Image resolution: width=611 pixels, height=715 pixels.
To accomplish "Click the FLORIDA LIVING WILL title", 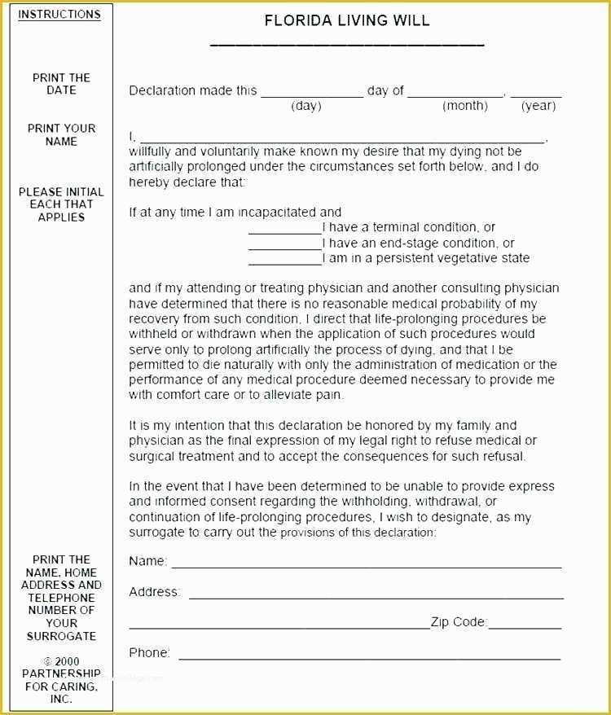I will tap(347, 21).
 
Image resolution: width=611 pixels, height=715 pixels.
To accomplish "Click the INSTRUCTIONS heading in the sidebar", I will tap(59, 15).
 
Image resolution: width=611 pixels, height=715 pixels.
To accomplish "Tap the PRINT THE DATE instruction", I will tap(61, 84).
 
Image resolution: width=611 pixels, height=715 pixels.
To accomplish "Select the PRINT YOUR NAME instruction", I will tap(61, 134).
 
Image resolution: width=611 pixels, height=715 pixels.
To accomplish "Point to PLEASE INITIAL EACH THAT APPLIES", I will tap(61, 204).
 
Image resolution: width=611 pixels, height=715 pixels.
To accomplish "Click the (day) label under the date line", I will tap(306, 106).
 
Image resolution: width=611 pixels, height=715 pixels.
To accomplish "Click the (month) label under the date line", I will tap(465, 106).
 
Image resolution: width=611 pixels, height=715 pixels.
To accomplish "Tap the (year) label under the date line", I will tap(538, 106).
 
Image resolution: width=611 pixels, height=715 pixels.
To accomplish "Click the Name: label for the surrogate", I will tap(147, 561).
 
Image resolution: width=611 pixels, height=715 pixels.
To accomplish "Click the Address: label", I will tap(155, 592).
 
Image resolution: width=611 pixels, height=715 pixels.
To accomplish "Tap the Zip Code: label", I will tap(459, 623).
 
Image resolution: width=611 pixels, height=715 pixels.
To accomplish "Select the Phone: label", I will tap(149, 653).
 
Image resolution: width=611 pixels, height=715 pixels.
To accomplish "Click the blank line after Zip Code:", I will tap(525, 627).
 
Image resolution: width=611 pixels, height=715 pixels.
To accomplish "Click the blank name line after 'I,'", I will tap(342, 142).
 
